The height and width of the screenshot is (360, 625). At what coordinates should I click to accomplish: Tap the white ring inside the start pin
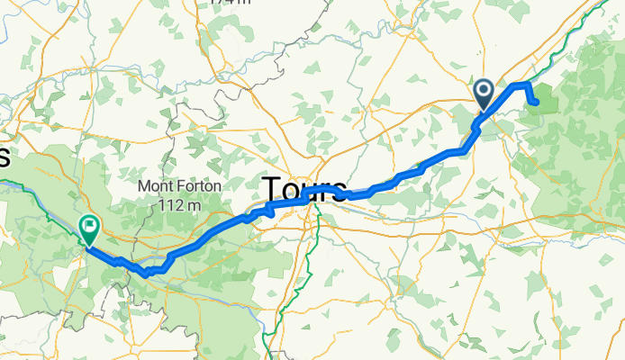pyautogui.click(x=484, y=90)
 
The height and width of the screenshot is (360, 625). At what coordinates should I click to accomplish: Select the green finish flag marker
pyautogui.click(x=90, y=229)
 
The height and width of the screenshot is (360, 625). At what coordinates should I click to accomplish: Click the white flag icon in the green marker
pyautogui.click(x=90, y=225)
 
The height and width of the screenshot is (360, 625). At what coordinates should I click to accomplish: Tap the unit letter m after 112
pyautogui.click(x=195, y=206)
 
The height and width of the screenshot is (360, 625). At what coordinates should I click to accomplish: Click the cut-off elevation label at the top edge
pyautogui.click(x=228, y=3)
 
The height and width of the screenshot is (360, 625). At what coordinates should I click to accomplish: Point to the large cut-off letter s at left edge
pyautogui.click(x=4, y=157)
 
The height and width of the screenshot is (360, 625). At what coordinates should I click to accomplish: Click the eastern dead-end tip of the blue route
pyautogui.click(x=537, y=103)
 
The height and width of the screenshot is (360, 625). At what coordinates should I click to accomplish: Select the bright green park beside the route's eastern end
pyautogui.click(x=547, y=98)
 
